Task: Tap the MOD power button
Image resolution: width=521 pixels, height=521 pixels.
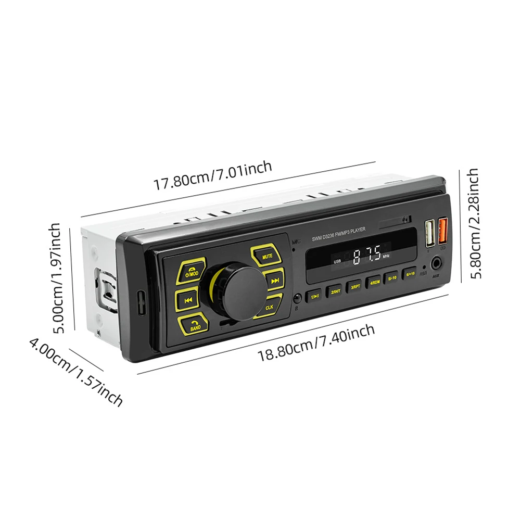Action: [x=191, y=271]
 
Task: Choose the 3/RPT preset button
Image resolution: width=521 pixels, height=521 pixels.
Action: [x=355, y=286]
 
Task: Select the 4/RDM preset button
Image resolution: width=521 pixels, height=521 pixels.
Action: [x=374, y=282]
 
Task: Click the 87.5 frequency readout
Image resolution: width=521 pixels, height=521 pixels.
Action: [x=366, y=256]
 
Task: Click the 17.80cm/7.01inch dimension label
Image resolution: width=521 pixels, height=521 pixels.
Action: [x=212, y=175]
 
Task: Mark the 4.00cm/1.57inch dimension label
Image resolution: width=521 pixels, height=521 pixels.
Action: [x=76, y=371]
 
